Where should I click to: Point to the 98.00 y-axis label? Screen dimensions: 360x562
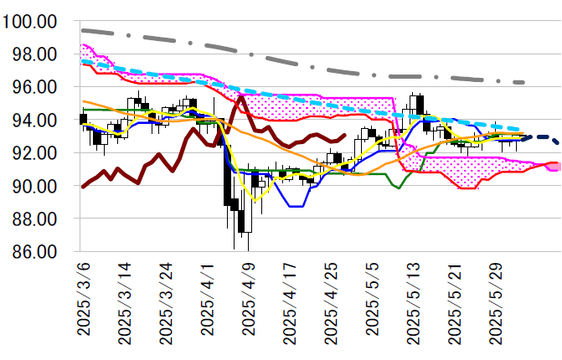(36, 54)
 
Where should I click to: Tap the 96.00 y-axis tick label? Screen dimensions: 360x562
(36, 87)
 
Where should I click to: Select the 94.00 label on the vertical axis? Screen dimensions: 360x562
(36, 120)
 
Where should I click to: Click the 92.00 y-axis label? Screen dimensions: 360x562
(36, 152)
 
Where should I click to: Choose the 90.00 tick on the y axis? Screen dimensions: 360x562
(36, 186)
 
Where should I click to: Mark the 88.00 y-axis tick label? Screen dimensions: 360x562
(36, 219)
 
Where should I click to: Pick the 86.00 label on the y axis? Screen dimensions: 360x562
(36, 251)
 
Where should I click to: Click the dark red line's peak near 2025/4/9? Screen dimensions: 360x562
(241, 97)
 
